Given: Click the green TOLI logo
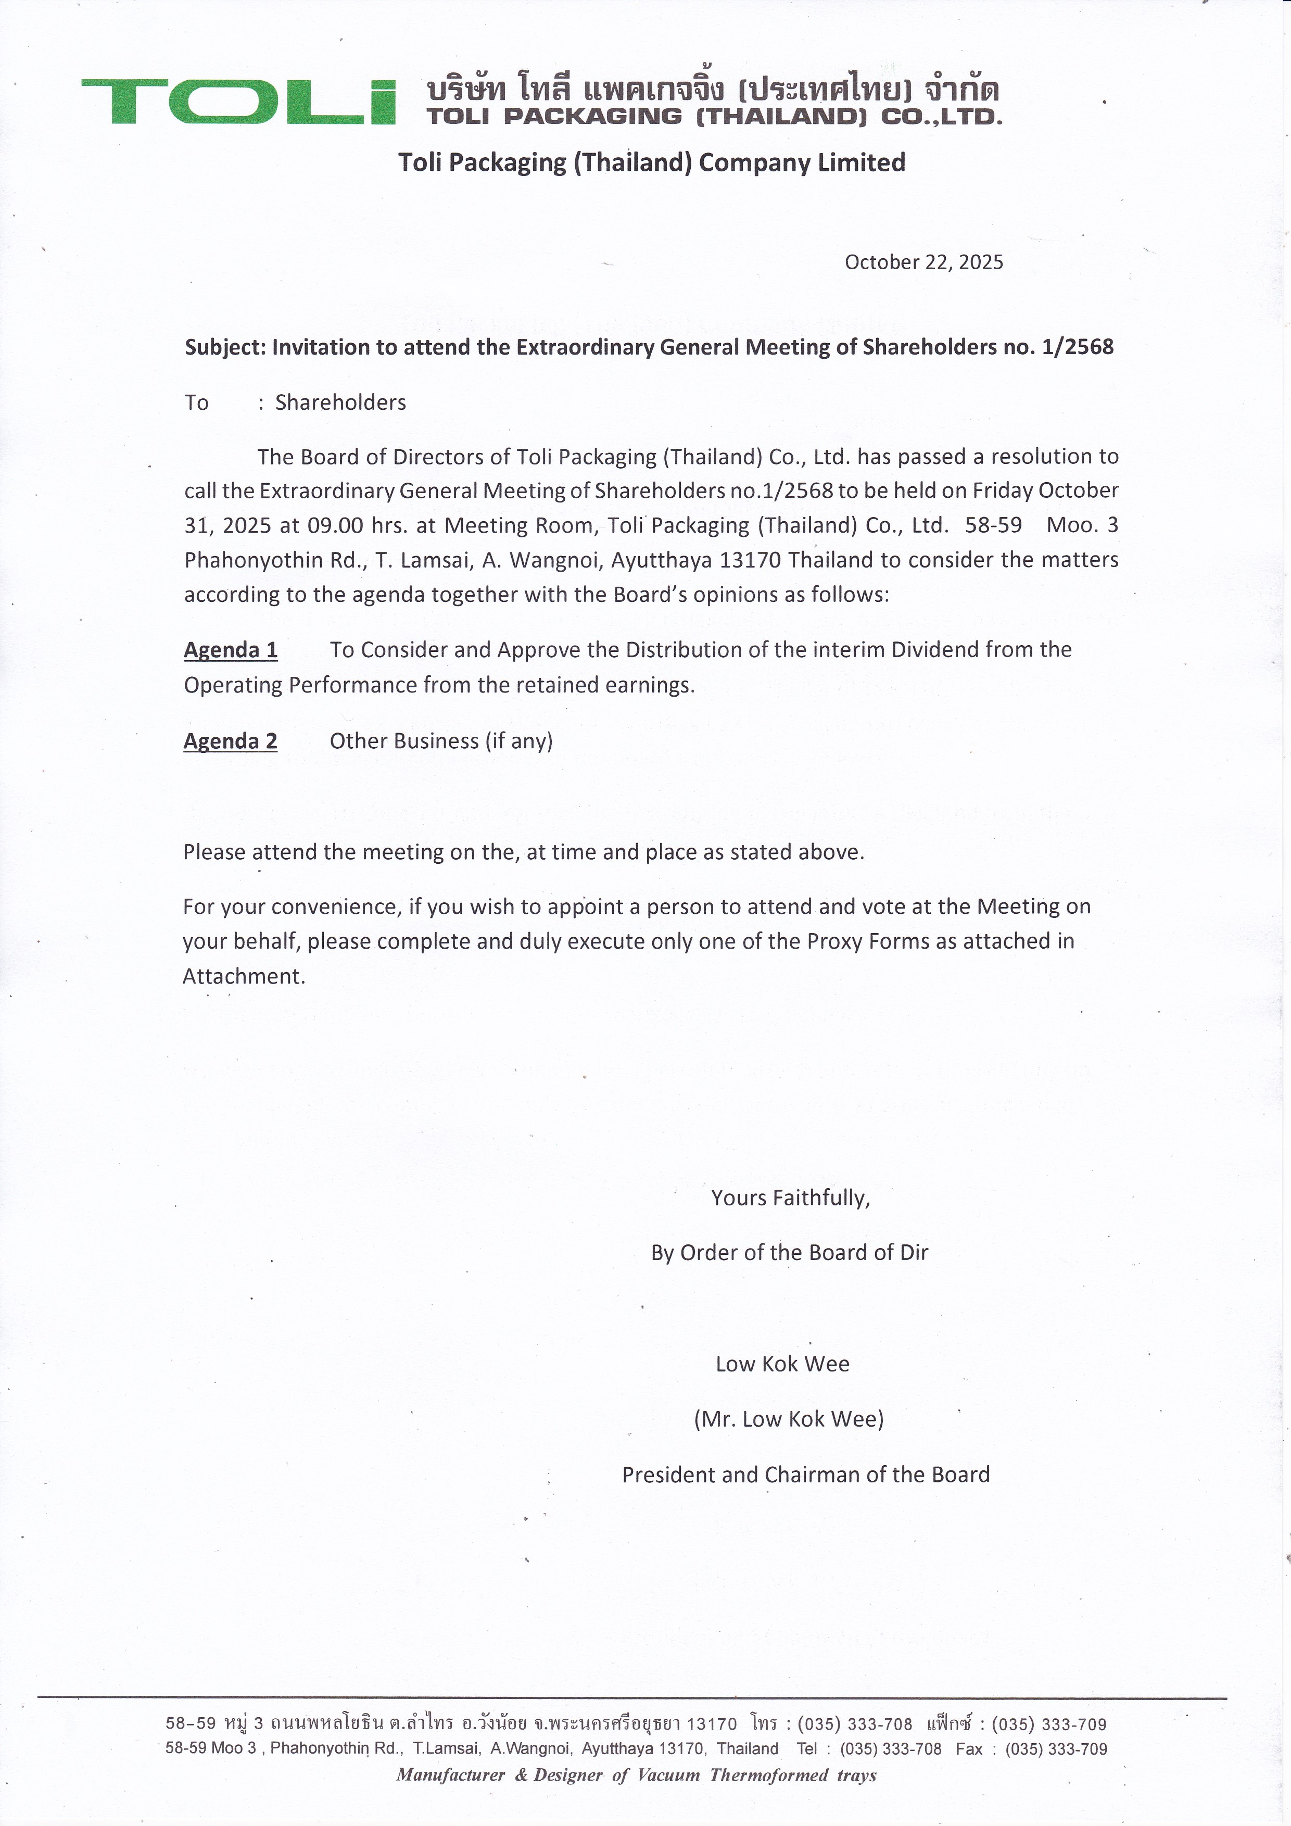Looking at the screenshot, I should (238, 102).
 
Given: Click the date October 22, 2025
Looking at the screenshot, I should (923, 262).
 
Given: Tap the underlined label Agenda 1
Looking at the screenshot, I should (231, 650).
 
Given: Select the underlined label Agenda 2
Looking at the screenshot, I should (231, 741).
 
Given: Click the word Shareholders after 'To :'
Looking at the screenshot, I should (340, 402).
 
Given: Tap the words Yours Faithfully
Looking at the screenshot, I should (790, 1198).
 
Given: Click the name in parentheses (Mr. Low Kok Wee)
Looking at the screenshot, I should (789, 1419).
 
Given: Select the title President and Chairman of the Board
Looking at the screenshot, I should (805, 1475).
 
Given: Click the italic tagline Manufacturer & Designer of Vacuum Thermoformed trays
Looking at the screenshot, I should (636, 1775).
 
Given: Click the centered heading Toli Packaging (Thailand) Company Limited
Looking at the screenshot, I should (651, 162).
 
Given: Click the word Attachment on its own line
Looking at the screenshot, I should (243, 977).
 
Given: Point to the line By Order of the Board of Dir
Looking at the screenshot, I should (789, 1253).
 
